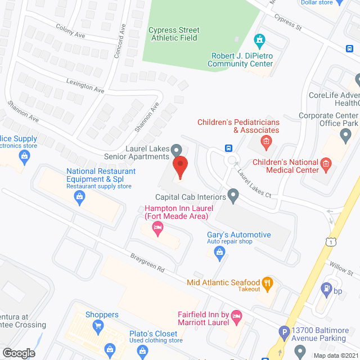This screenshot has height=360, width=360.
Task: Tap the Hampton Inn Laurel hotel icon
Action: point(158,228)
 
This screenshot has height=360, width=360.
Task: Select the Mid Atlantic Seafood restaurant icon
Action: point(267,283)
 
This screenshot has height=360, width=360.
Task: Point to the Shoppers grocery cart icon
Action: point(98,325)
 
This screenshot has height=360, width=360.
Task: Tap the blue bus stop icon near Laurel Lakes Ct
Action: point(229,148)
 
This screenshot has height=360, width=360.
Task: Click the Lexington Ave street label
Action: point(84,85)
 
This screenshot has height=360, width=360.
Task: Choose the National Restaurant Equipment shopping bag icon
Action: point(80,196)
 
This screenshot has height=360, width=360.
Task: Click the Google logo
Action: point(18,353)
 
